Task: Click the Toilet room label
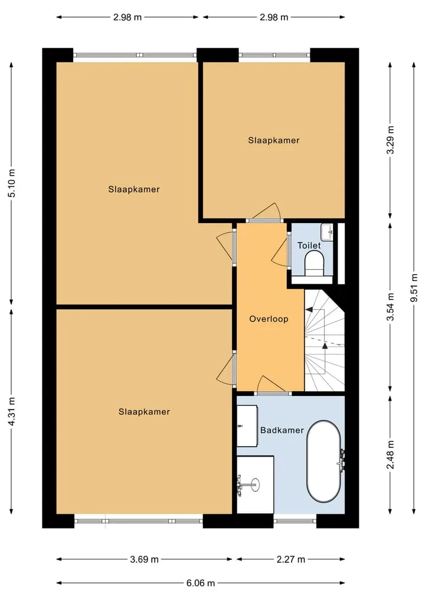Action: point(309,245)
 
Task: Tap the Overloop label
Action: point(269,319)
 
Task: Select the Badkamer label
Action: point(282,430)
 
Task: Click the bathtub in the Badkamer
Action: point(324,461)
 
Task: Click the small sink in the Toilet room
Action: point(327,231)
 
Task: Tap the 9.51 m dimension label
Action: point(414,288)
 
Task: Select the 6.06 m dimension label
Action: point(201,583)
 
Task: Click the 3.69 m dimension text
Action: point(145,559)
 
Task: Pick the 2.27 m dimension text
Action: point(291,559)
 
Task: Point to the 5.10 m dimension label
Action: point(11,183)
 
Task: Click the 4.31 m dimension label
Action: point(11,411)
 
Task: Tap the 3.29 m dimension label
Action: point(390,140)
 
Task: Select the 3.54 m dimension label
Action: point(390,307)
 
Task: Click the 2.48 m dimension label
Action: point(390,454)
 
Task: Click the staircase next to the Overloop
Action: point(325,340)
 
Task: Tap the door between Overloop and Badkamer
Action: point(272,386)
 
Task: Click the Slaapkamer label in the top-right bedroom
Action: point(274,140)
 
